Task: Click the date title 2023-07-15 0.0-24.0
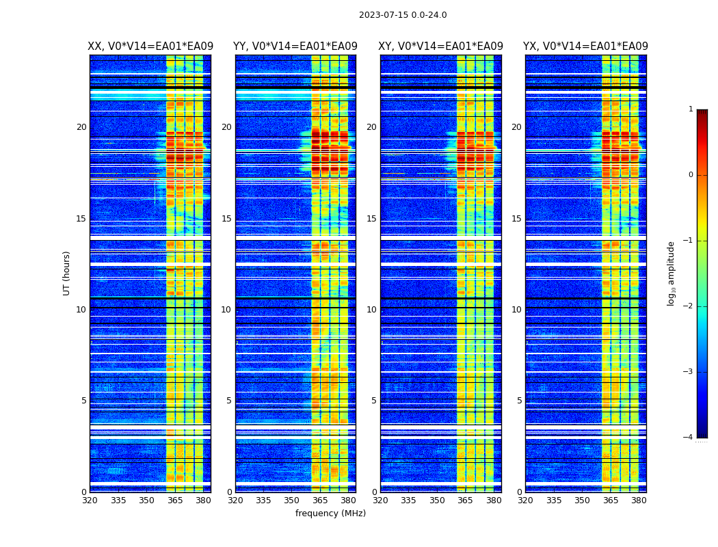403,15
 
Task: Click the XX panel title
150,46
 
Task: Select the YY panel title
295,46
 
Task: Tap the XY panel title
440,46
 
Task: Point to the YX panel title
585,46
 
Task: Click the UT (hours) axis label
66,273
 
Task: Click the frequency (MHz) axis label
330,513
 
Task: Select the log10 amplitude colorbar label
672,273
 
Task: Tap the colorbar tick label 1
691,109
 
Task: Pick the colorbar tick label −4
689,438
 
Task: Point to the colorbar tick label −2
689,306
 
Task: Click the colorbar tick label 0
691,175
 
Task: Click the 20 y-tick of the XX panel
81,127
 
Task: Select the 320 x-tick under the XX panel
90,501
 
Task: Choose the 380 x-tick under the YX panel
639,501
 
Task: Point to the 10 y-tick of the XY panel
371,310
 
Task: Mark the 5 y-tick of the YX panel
520,401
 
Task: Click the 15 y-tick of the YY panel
226,219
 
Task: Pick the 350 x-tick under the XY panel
437,501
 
